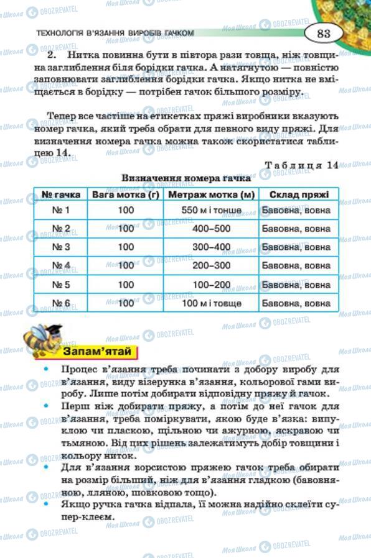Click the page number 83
click(324, 34)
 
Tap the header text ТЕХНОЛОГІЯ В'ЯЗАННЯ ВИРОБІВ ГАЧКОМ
click(115, 34)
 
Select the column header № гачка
click(60, 194)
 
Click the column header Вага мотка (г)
click(126, 194)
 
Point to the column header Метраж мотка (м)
click(212, 194)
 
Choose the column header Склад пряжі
click(296, 194)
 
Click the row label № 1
click(60, 211)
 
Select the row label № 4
click(60, 265)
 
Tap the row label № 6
click(60, 303)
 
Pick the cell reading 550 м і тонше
click(212, 211)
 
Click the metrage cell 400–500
click(212, 229)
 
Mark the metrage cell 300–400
click(212, 247)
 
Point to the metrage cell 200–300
click(212, 265)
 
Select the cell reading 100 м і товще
click(212, 303)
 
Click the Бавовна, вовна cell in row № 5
click(296, 284)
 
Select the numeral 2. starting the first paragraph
click(53, 55)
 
